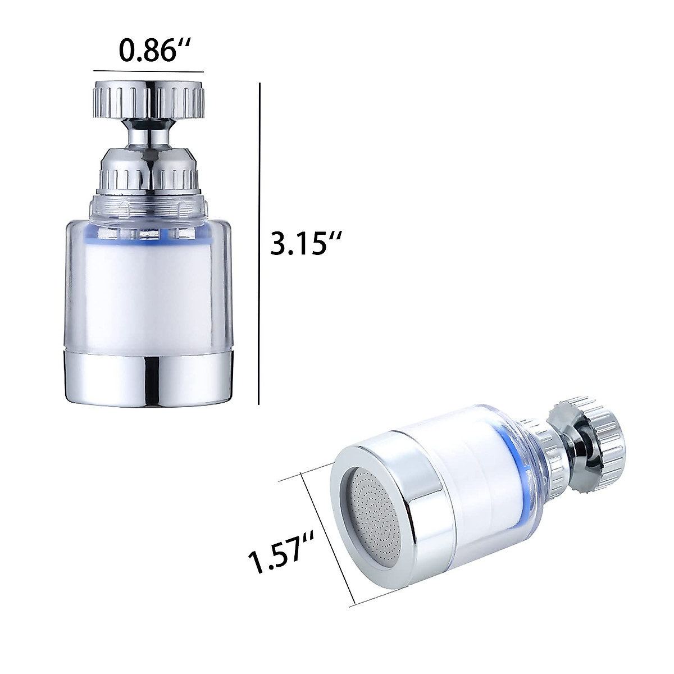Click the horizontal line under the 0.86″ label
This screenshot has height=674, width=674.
148,71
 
